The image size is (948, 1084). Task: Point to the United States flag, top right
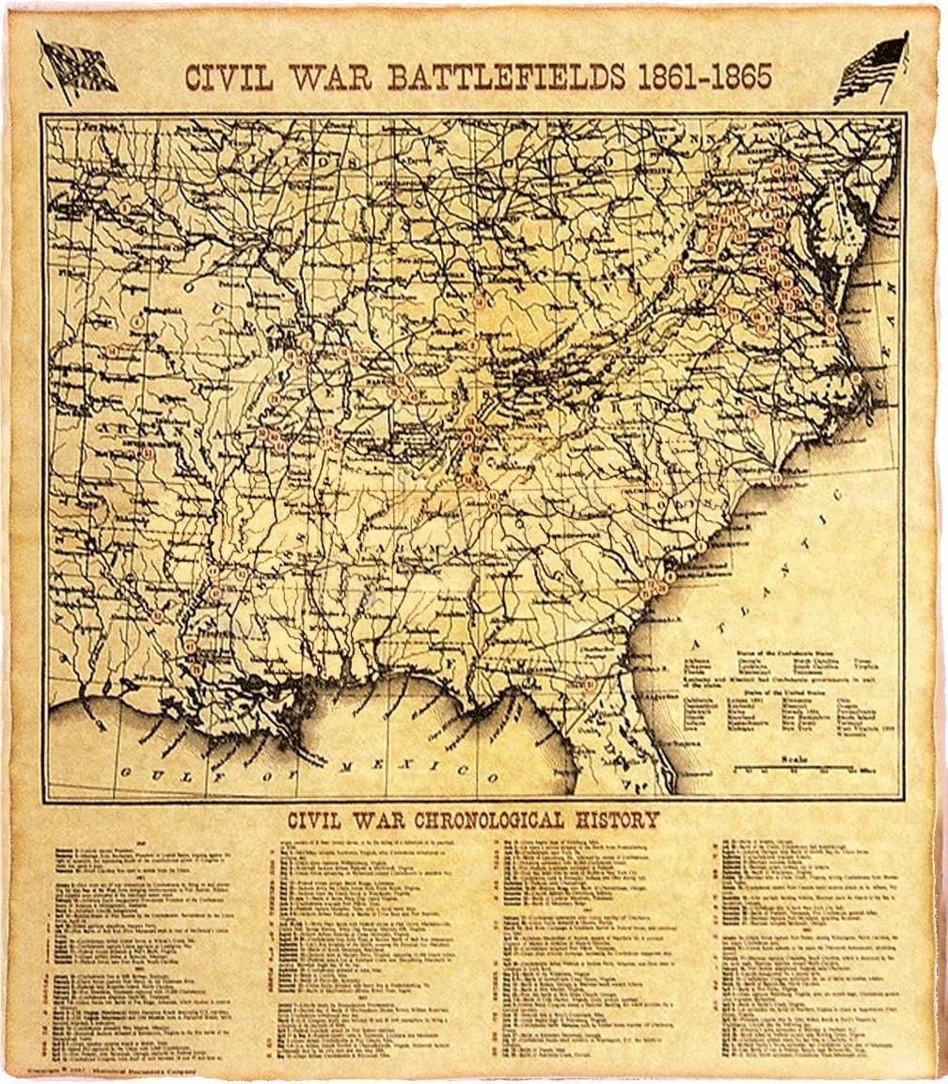[x=870, y=68]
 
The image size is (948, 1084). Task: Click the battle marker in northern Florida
[x=590, y=685]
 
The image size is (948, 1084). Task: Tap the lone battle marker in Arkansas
[x=149, y=454]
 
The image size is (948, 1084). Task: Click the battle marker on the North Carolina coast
[x=776, y=479]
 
